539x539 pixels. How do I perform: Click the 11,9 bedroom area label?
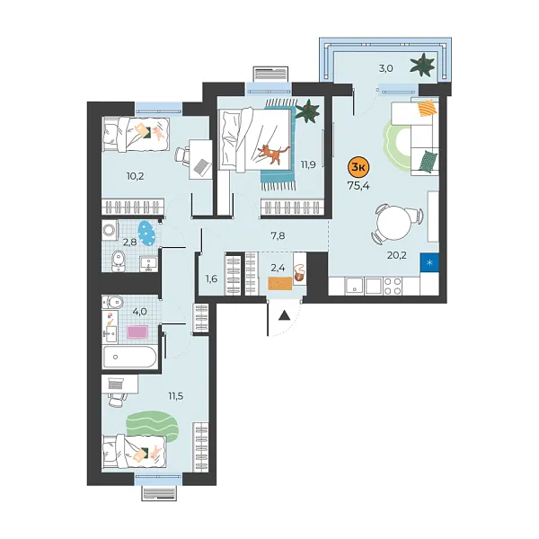[x=308, y=164]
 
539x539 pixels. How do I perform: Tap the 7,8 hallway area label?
[x=278, y=235]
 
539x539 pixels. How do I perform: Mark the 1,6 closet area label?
[x=211, y=278]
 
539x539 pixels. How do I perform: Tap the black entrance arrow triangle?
[x=283, y=314]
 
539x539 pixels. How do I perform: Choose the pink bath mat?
[x=138, y=332]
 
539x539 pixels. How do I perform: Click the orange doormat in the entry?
[x=280, y=284]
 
